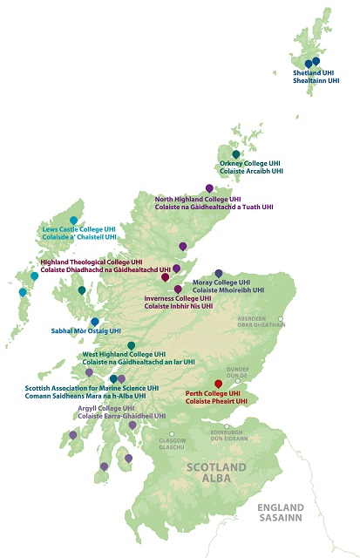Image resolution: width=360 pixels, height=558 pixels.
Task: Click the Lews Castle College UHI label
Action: [x=78, y=229]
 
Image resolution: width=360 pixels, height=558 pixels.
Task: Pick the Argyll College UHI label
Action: [x=105, y=408]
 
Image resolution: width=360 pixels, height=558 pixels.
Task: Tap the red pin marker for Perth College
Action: [x=218, y=384]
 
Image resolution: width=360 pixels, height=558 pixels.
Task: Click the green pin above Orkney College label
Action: [x=235, y=154]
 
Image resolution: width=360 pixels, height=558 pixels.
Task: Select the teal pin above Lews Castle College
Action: [x=73, y=220]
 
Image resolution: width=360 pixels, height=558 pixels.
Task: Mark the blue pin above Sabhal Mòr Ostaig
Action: [x=95, y=322]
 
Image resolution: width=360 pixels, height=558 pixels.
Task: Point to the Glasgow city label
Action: [x=172, y=441]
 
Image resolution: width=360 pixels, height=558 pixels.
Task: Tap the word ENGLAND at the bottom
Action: [x=280, y=508]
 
